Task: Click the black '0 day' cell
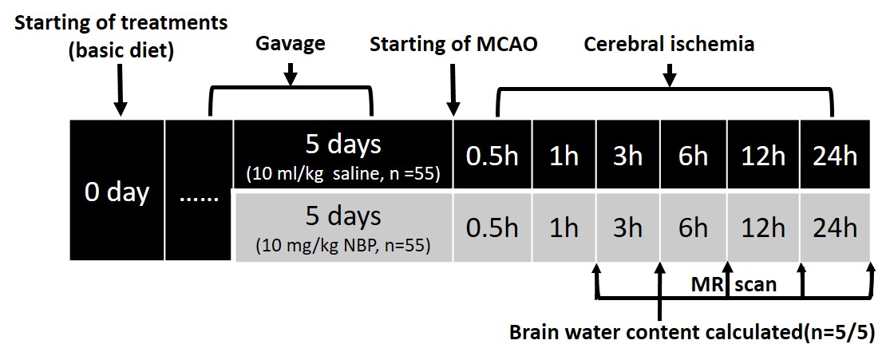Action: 117,192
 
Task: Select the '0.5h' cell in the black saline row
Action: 492,156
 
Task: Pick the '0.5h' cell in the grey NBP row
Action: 492,227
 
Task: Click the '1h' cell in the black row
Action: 564,156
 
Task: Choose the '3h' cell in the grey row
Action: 627,227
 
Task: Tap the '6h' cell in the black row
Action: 693,156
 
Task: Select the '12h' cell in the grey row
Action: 762,227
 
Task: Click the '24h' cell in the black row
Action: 836,156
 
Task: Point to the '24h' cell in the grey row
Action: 836,227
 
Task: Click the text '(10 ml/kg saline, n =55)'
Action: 343,172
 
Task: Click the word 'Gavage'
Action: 291,43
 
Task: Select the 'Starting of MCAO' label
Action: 453,43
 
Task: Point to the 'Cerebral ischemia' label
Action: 669,43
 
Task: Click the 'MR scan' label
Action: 734,284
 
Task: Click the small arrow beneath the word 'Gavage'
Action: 291,73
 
